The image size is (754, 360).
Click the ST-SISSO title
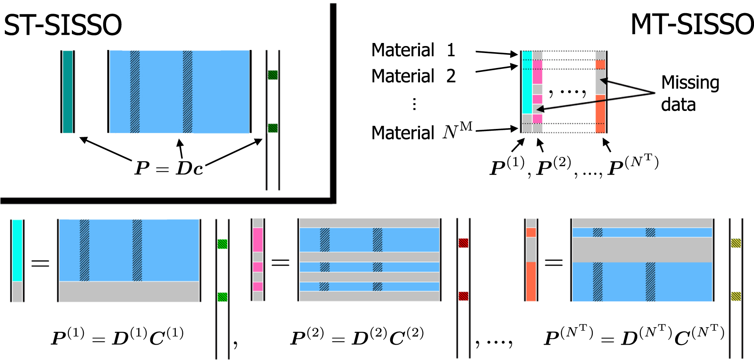coord(63,25)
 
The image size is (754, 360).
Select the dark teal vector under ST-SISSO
coord(68,92)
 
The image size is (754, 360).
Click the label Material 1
coord(413,50)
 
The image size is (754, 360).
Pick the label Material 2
coord(413,76)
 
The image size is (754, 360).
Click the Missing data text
coord(690,93)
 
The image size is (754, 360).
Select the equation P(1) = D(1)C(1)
coord(117,337)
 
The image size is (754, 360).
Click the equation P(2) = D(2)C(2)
coord(357,337)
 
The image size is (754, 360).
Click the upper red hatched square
coord(463,243)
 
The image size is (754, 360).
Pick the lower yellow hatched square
coord(736,296)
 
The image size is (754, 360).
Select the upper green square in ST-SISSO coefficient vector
coord(273,75)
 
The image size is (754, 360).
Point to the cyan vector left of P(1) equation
coord(17,250)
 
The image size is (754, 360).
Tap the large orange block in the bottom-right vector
coord(531,281)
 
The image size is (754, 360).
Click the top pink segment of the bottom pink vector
coord(258,239)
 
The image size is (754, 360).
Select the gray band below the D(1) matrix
coord(129,291)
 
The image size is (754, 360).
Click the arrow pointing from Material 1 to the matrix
coord(497,53)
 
